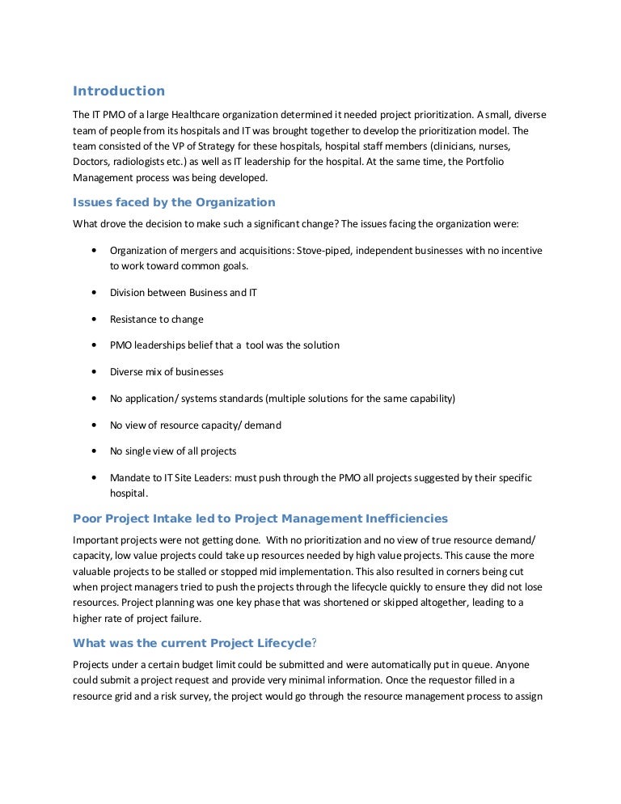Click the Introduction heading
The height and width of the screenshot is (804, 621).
119,91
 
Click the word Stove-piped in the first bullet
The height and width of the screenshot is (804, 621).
323,251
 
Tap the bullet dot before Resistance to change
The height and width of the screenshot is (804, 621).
97,319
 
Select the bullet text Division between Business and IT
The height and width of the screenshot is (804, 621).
184,293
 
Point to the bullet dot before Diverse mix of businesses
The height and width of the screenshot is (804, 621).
97,372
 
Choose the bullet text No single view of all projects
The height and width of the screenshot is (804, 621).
173,451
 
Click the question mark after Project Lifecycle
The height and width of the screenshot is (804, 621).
315,644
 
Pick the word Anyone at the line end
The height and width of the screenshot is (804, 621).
524,664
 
